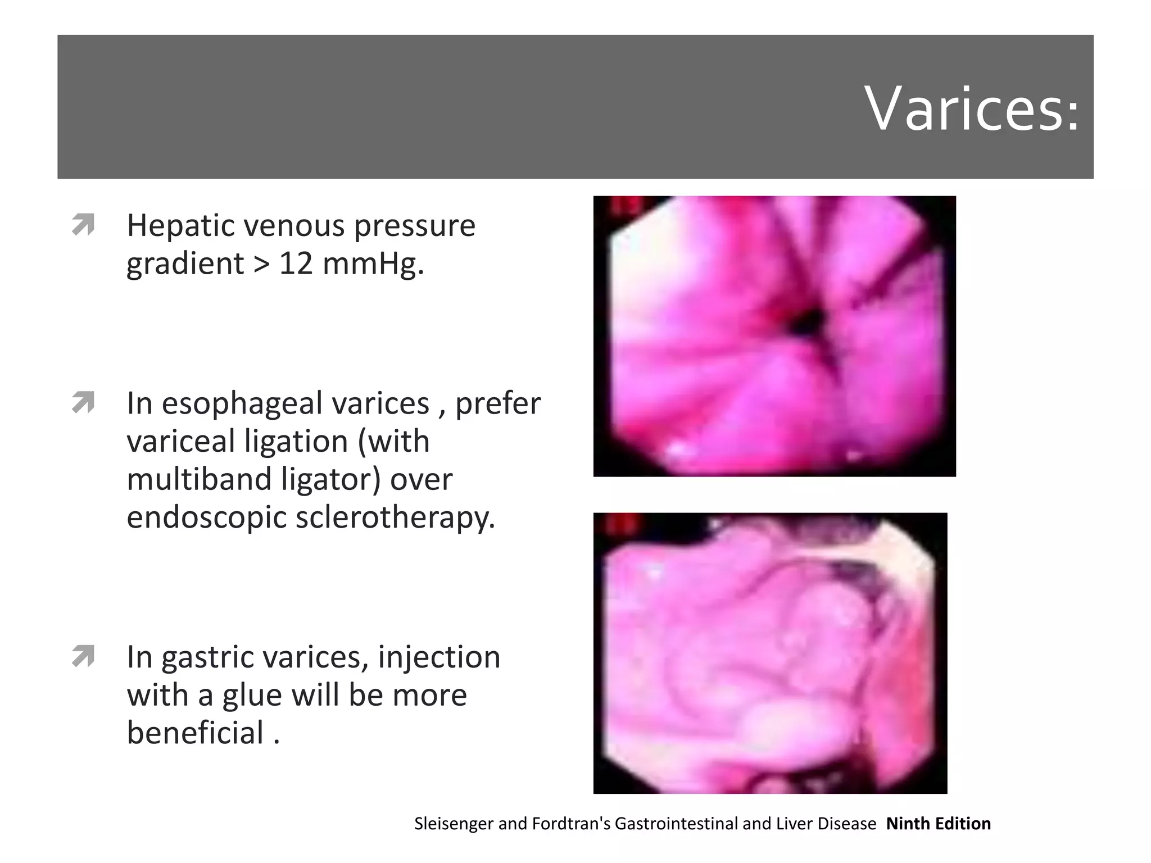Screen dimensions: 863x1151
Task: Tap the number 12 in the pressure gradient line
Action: pyautogui.click(x=296, y=263)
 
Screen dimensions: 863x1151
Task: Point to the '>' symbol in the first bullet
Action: pyautogui.click(x=261, y=263)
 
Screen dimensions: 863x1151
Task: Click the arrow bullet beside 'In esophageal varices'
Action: pyautogui.click(x=83, y=402)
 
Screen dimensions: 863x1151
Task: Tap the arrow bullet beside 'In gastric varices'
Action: pyautogui.click(x=83, y=656)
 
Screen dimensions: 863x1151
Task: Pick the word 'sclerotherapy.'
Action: pyautogui.click(x=396, y=517)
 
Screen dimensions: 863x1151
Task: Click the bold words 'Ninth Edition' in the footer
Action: pyautogui.click(x=938, y=824)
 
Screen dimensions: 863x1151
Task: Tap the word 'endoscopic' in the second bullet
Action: pyautogui.click(x=206, y=517)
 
